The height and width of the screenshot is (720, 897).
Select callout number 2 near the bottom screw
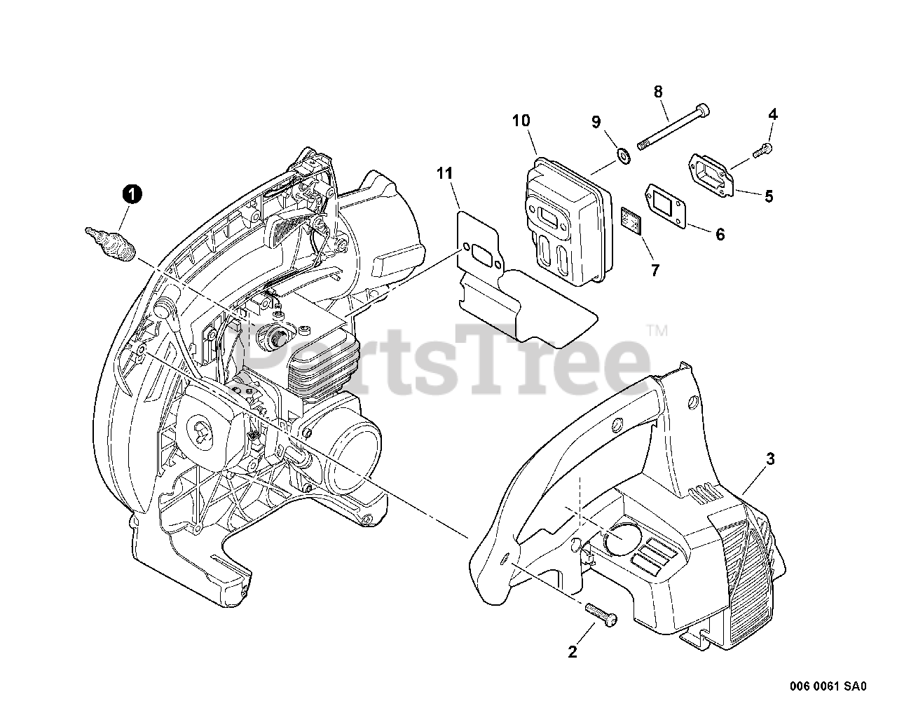pos(573,652)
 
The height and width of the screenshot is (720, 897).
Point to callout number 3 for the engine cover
pos(770,459)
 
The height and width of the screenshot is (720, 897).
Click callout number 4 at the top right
pos(772,114)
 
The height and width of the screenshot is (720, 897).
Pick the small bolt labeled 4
pos(763,149)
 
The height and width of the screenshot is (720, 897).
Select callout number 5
pos(769,197)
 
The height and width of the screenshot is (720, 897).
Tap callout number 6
pos(720,235)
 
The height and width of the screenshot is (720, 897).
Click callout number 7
pos(655,271)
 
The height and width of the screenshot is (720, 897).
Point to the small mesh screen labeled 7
pos(631,219)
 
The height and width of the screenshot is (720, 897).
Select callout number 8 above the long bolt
pos(657,91)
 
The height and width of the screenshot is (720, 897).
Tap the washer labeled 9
pos(622,154)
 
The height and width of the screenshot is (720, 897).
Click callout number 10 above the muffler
pos(521,121)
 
